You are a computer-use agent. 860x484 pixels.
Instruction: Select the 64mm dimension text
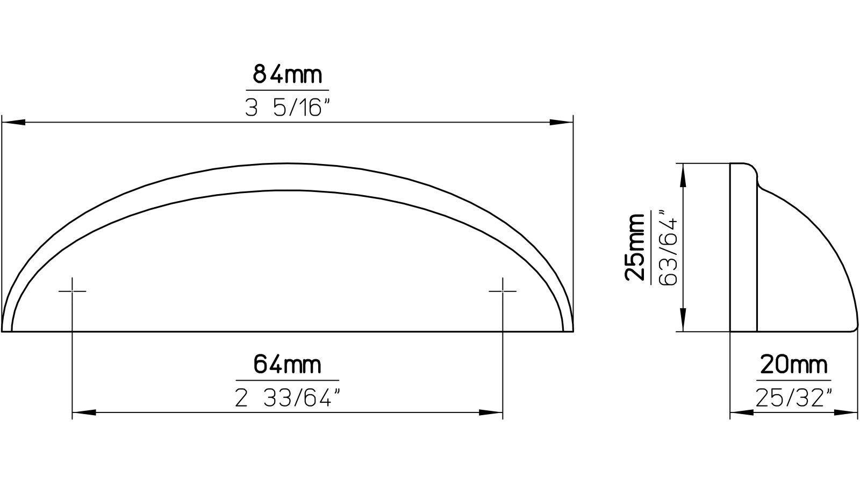288,365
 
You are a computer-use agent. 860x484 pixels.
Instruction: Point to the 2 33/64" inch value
288,398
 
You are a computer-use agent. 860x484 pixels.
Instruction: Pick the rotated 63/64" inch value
668,247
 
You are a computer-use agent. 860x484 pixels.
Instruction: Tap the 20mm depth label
793,366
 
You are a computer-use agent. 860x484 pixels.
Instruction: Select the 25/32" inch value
793,398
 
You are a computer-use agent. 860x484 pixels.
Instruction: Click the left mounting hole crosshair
72,291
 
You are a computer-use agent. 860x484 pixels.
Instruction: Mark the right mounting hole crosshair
503,291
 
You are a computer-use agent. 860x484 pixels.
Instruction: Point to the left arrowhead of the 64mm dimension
84,413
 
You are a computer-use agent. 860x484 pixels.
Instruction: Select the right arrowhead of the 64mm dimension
491,413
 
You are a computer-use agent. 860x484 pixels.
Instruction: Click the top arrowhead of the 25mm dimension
683,174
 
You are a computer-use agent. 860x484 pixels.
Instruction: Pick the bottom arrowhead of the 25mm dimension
683,321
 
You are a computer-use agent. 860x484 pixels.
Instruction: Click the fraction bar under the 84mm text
287,90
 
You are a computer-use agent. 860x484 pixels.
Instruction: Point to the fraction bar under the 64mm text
288,380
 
